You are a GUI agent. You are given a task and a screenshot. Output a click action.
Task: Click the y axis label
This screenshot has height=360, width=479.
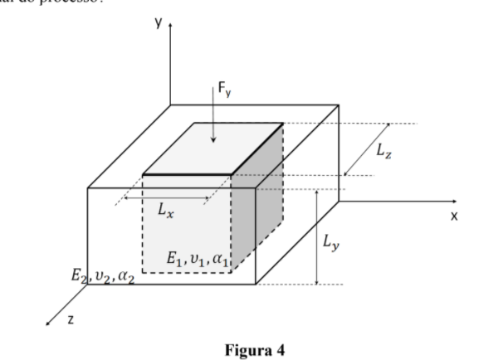coord(157,24)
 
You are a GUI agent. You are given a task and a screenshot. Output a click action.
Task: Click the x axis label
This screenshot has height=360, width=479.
coord(454,216)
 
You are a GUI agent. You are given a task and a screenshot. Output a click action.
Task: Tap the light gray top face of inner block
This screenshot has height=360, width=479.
coord(214,149)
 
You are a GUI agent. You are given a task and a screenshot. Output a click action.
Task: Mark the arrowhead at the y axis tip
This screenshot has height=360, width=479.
coord(170,27)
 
